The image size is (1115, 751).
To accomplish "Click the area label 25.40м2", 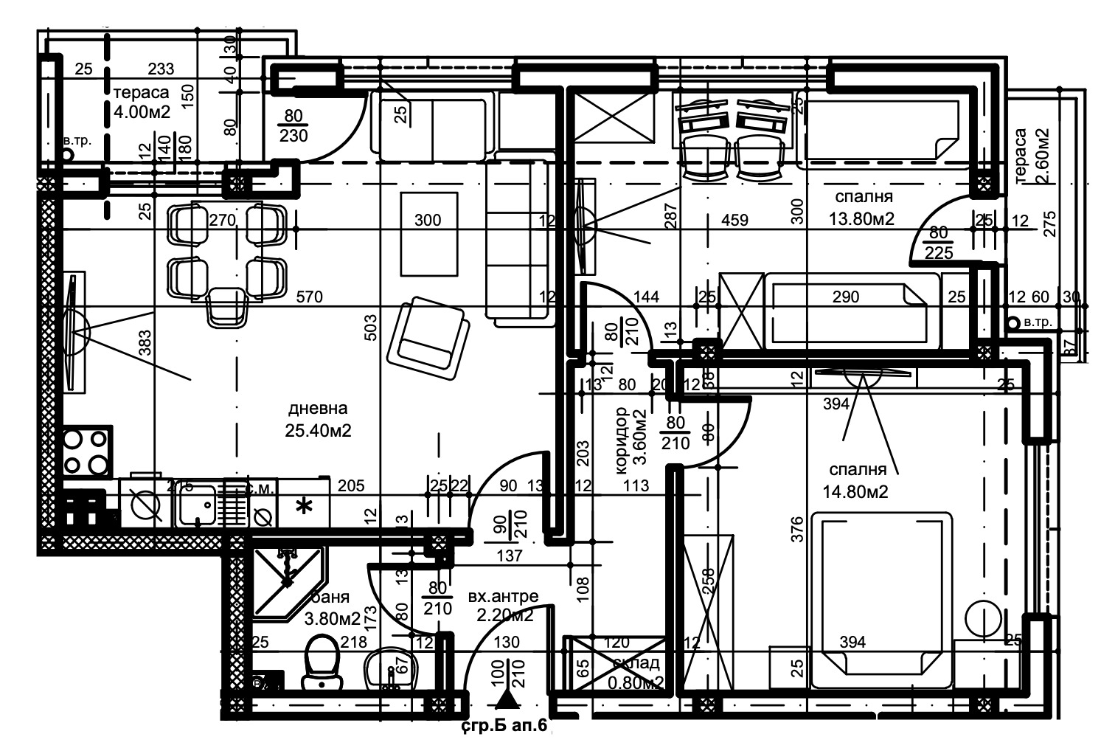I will click(318, 430).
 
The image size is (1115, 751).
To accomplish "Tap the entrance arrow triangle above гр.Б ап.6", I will click(504, 699).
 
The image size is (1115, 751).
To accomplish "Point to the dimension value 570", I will click(310, 297).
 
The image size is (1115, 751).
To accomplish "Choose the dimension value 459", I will click(734, 220).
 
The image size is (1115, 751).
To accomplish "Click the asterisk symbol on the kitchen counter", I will click(303, 507).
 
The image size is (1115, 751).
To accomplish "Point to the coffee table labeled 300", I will click(428, 232).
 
